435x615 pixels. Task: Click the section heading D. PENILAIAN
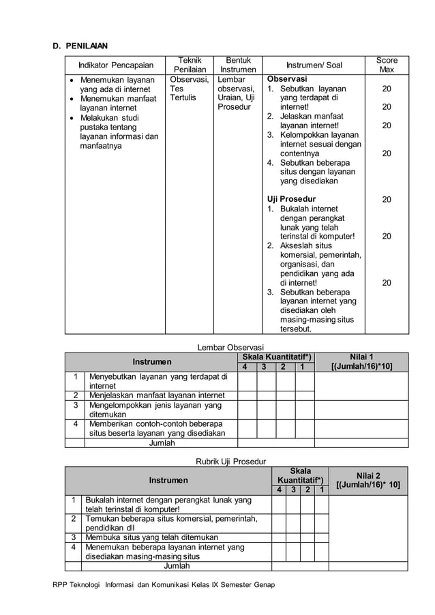click(80, 46)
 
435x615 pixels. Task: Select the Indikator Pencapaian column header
click(115, 65)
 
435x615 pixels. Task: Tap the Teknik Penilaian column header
click(189, 65)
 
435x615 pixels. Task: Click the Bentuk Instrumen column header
click(239, 65)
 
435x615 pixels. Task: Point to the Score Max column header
click(387, 65)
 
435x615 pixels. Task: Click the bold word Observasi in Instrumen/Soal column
click(287, 79)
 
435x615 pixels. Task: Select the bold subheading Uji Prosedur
click(291, 199)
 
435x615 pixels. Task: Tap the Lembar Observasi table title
click(230, 347)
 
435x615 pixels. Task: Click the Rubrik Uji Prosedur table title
click(230, 461)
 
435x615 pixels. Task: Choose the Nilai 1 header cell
click(361, 361)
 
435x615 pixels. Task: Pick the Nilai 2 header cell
click(367, 480)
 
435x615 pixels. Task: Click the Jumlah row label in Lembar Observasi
click(162, 442)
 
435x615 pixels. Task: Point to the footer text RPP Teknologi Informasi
click(163, 585)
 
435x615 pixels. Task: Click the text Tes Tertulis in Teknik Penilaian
click(182, 93)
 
